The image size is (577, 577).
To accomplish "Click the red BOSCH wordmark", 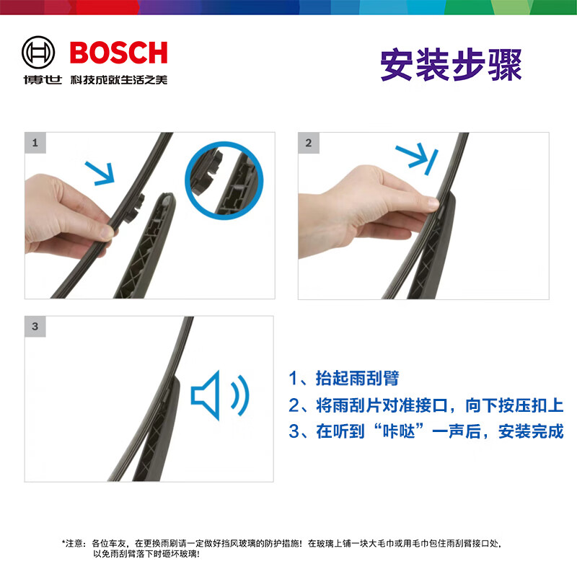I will [118, 53].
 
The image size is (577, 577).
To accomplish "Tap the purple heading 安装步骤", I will [450, 66].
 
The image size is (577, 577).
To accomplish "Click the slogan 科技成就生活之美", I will [118, 80].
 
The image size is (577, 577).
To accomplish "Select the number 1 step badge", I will [35, 142].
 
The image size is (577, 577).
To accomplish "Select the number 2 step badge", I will [309, 142].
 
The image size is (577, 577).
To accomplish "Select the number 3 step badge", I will [35, 326].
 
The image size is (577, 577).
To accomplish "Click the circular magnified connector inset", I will [225, 178].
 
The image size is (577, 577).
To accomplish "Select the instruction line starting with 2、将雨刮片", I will [426, 405].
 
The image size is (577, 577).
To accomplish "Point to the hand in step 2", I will [361, 209].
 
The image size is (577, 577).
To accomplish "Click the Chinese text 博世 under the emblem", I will [41, 80].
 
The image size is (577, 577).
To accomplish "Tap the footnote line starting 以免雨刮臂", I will [146, 554].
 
